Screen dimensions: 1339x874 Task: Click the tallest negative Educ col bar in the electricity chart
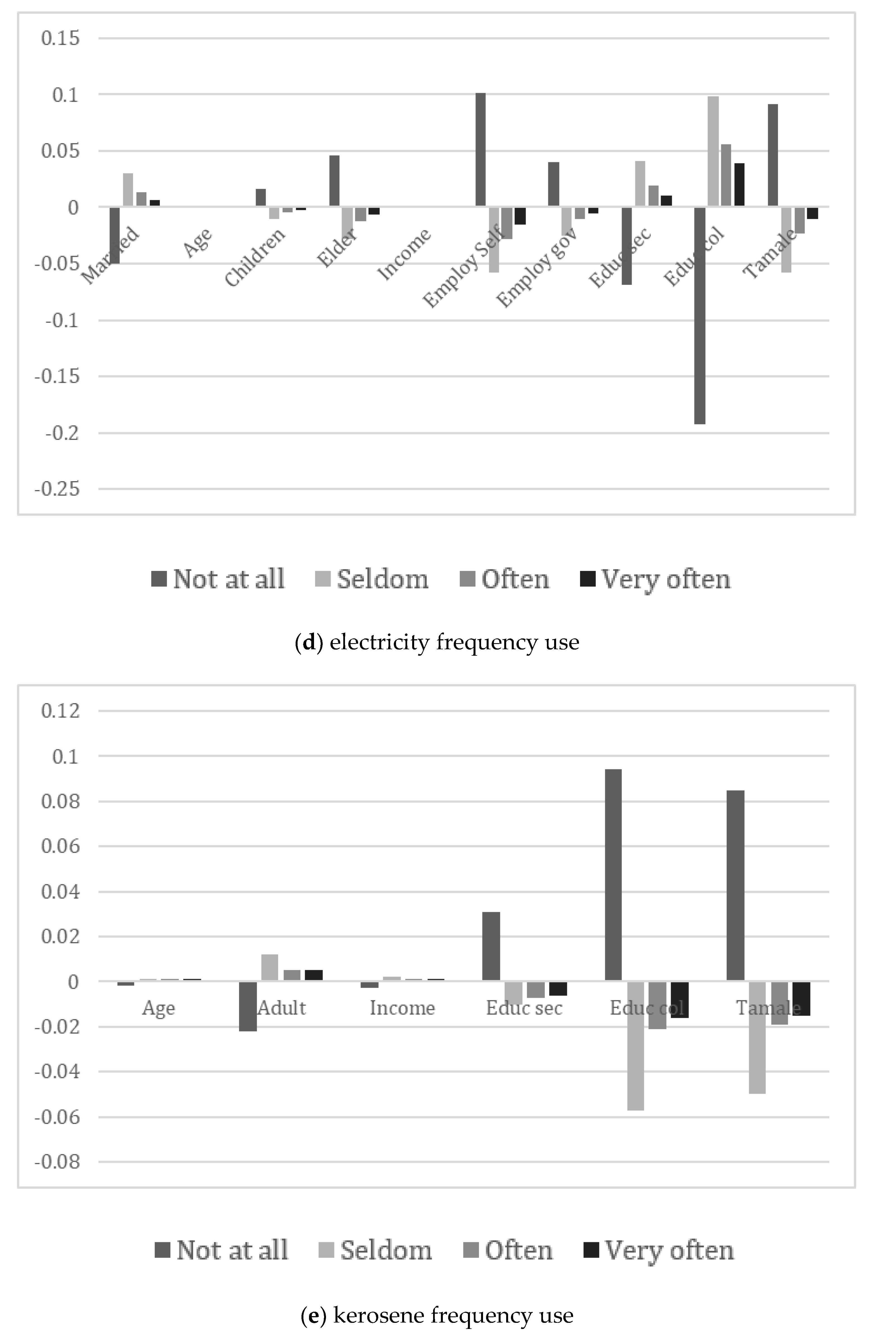point(699,315)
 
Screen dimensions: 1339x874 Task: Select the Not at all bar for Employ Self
point(480,150)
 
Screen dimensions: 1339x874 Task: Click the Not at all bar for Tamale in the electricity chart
point(773,155)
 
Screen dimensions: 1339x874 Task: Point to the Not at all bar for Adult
point(248,1006)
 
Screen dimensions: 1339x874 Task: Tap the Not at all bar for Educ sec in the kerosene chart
point(491,946)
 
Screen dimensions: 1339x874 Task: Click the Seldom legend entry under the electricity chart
point(371,579)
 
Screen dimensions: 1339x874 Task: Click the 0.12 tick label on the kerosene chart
point(60,711)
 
